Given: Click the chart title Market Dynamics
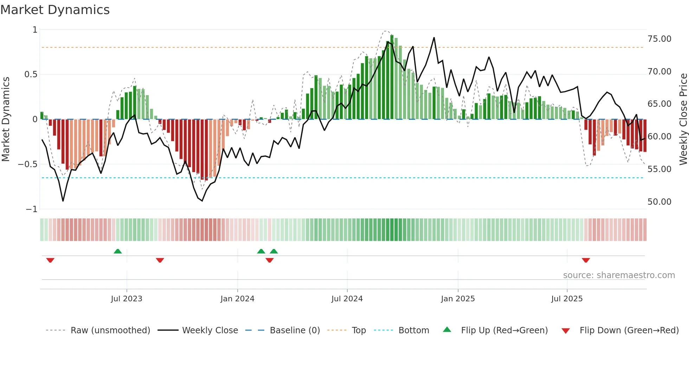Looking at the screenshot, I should coord(55,10).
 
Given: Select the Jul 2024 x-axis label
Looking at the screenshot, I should coord(347,299).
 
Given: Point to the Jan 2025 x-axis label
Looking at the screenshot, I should coord(458,299).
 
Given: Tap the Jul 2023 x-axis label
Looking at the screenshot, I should coord(127,299).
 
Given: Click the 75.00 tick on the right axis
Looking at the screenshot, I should coord(659,39).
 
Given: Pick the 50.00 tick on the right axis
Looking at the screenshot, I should coord(659,202).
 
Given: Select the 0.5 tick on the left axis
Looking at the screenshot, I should coord(31,74).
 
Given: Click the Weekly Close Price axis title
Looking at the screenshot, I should coord(683,119).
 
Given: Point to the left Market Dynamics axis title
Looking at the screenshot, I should coord(6,119).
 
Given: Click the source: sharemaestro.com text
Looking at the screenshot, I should coord(619,275).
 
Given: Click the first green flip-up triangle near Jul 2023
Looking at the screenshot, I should coord(118,251).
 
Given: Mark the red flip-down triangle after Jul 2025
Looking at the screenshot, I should coord(586,260).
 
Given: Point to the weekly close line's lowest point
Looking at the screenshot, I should coord(63,201).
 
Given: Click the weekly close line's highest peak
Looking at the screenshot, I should coord(434,38).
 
